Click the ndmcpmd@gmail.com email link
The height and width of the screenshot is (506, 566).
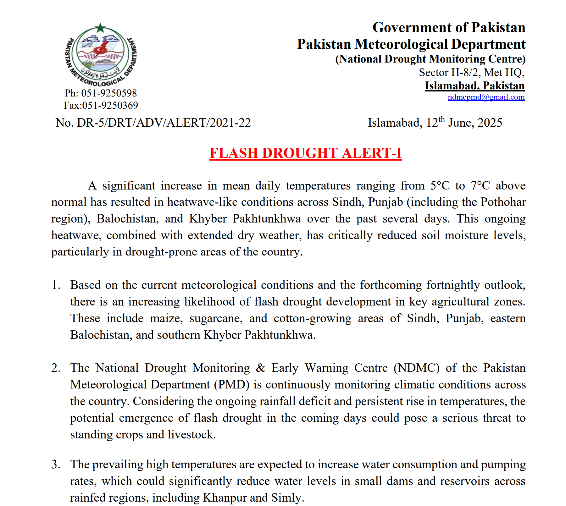[486, 97]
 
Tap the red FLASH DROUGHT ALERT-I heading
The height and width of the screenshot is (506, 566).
[305, 153]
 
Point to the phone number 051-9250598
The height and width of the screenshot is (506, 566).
[109, 93]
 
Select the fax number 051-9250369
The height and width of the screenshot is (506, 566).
[110, 106]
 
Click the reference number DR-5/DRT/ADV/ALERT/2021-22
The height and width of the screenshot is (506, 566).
[164, 123]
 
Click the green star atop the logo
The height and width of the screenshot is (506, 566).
[100, 28]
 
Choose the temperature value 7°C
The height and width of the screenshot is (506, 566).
[480, 186]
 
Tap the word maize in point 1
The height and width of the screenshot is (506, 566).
[166, 318]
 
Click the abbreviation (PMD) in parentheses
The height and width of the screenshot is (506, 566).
[232, 385]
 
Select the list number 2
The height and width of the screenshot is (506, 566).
[56, 368]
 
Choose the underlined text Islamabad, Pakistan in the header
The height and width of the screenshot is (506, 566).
[474, 86]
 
